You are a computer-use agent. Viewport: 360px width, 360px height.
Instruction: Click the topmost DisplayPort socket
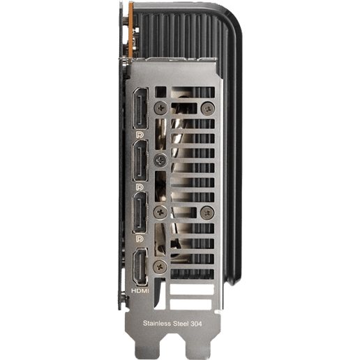140,108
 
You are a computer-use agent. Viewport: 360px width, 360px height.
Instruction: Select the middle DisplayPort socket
140,160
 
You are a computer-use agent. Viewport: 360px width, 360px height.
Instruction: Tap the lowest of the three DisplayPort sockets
140,212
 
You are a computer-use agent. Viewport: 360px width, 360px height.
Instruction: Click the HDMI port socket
140,267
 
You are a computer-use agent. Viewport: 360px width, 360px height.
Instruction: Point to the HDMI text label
140,291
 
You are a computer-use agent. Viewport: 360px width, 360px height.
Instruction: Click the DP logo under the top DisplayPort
140,135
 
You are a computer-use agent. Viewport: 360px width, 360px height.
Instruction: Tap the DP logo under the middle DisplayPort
140,187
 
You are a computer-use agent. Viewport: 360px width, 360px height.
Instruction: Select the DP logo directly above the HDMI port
140,239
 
